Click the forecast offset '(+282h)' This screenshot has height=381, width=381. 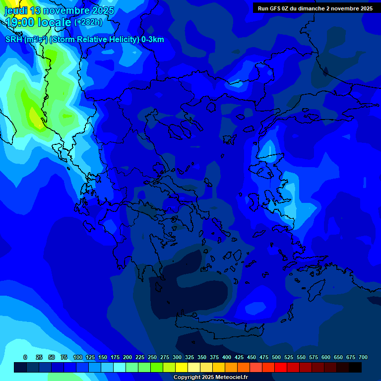pos(88,22)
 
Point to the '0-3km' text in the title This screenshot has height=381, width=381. pos(153,40)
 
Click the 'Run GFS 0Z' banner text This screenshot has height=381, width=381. pos(272,8)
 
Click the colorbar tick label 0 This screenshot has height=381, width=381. pos(25,357)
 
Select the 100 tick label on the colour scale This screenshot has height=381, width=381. pos(78,357)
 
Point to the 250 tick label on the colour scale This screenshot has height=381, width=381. pos(152,357)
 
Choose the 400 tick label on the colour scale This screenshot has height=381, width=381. pos(227,357)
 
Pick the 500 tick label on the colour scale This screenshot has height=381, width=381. pos(276,357)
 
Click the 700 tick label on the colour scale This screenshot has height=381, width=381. pos(363,357)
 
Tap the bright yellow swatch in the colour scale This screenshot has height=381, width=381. pos(182,367)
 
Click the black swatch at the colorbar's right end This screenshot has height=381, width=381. pos(355,367)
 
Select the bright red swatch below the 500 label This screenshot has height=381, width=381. pos(281,367)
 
